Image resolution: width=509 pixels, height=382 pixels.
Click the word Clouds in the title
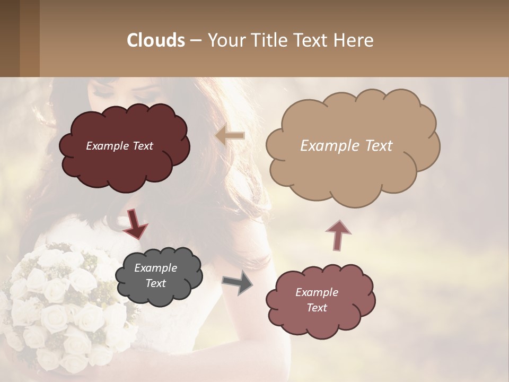156,40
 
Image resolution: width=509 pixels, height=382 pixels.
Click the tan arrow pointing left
230,136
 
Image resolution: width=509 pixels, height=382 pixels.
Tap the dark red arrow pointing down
135,224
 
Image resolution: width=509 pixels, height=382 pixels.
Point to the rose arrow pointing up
338,235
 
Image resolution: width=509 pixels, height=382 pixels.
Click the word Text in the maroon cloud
142,146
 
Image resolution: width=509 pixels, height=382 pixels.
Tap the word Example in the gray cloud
155,268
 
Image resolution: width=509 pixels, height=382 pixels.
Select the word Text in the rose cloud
317,308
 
